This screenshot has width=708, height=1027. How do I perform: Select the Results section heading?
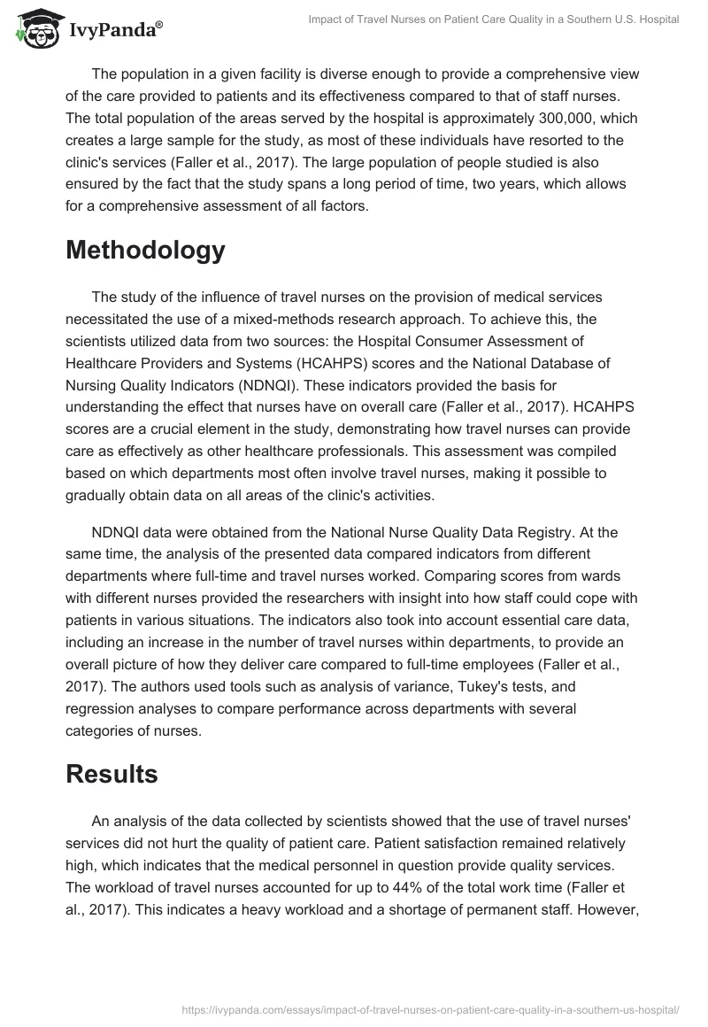pyautogui.click(x=112, y=773)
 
